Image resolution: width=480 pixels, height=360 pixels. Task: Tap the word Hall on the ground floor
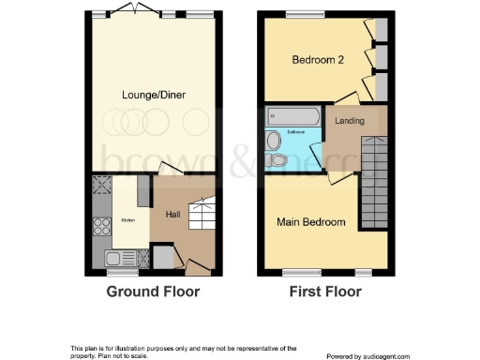pos(173,215)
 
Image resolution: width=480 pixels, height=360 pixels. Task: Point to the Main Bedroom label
pos(310,222)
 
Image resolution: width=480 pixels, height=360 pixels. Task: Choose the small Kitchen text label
pos(127,220)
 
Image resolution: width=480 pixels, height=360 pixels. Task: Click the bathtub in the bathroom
pos(292,116)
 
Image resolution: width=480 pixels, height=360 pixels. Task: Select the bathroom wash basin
pos(273,141)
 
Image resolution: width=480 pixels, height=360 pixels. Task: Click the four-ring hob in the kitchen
pos(101,226)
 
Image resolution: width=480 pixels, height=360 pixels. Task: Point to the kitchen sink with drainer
pos(119,258)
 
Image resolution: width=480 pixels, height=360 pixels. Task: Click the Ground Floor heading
pos(153,292)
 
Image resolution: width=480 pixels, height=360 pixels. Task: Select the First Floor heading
pos(325,292)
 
